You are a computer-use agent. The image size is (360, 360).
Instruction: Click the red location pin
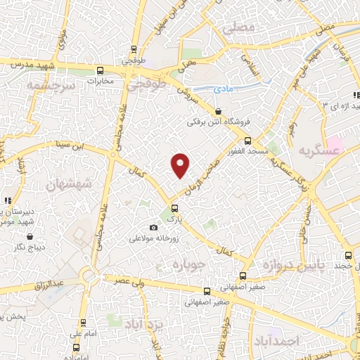tap(181, 165)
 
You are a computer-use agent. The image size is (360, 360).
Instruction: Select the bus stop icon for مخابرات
tap(100, 70)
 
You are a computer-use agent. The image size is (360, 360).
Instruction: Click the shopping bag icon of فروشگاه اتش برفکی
tap(218, 111)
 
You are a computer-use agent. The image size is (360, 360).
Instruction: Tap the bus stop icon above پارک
tap(174, 208)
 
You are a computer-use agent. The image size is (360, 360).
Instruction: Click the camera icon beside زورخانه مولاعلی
tap(154, 227)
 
